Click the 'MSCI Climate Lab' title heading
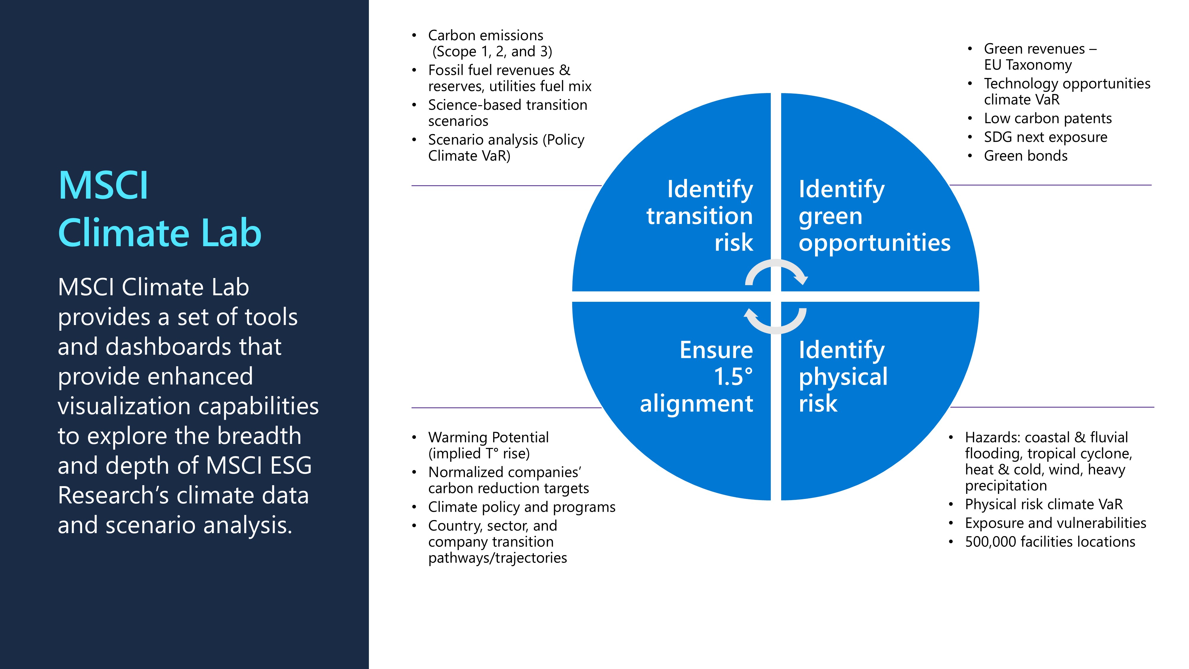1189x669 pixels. click(159, 209)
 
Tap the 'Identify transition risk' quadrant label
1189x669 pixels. click(700, 216)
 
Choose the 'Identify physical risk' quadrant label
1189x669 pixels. click(843, 377)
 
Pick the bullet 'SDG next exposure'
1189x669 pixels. click(1045, 137)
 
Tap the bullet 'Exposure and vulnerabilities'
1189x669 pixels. click(1055, 523)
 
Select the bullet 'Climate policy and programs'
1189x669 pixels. click(522, 507)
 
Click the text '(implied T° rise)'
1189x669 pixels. click(479, 454)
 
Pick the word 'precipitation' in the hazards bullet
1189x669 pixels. click(1006, 486)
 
